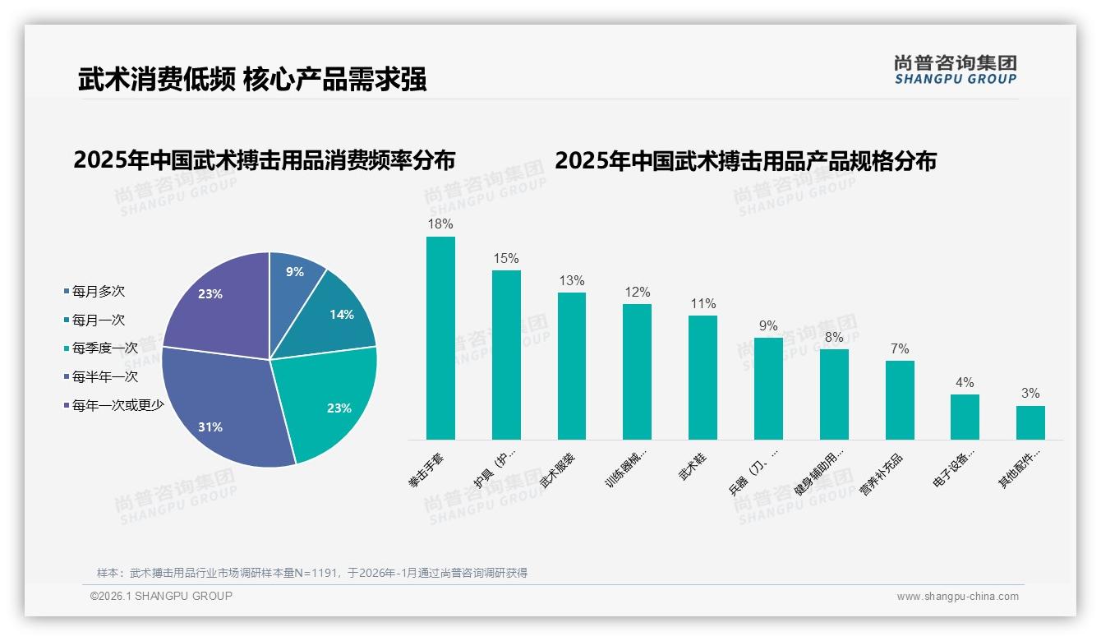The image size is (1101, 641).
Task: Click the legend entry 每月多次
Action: pyautogui.click(x=98, y=292)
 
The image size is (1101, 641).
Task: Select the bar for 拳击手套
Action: pyautogui.click(x=440, y=338)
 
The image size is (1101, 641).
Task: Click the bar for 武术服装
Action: pyautogui.click(x=572, y=366)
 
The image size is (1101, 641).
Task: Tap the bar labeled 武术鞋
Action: pyautogui.click(x=703, y=377)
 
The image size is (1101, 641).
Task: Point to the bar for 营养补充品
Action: pyautogui.click(x=900, y=399)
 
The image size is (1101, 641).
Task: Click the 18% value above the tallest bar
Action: pyautogui.click(x=440, y=224)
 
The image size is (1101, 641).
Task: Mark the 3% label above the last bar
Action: pyautogui.click(x=1030, y=393)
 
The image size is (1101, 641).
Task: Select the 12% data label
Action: pyautogui.click(x=637, y=292)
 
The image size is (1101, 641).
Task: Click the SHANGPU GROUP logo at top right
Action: pyautogui.click(x=956, y=69)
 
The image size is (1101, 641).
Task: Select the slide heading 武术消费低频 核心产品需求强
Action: pyautogui.click(x=252, y=80)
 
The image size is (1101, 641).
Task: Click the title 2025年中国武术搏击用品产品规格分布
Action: pyautogui.click(x=745, y=160)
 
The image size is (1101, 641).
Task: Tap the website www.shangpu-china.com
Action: pyautogui.click(x=957, y=597)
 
